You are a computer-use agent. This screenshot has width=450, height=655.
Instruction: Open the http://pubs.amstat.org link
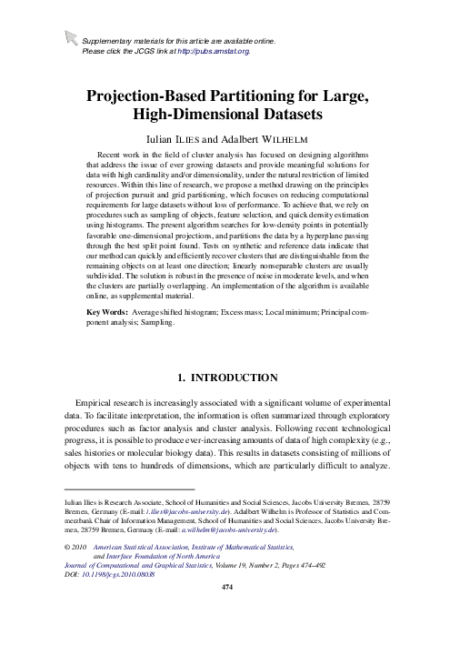[215, 52]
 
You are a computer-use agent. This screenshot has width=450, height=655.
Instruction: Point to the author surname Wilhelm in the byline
[280, 142]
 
